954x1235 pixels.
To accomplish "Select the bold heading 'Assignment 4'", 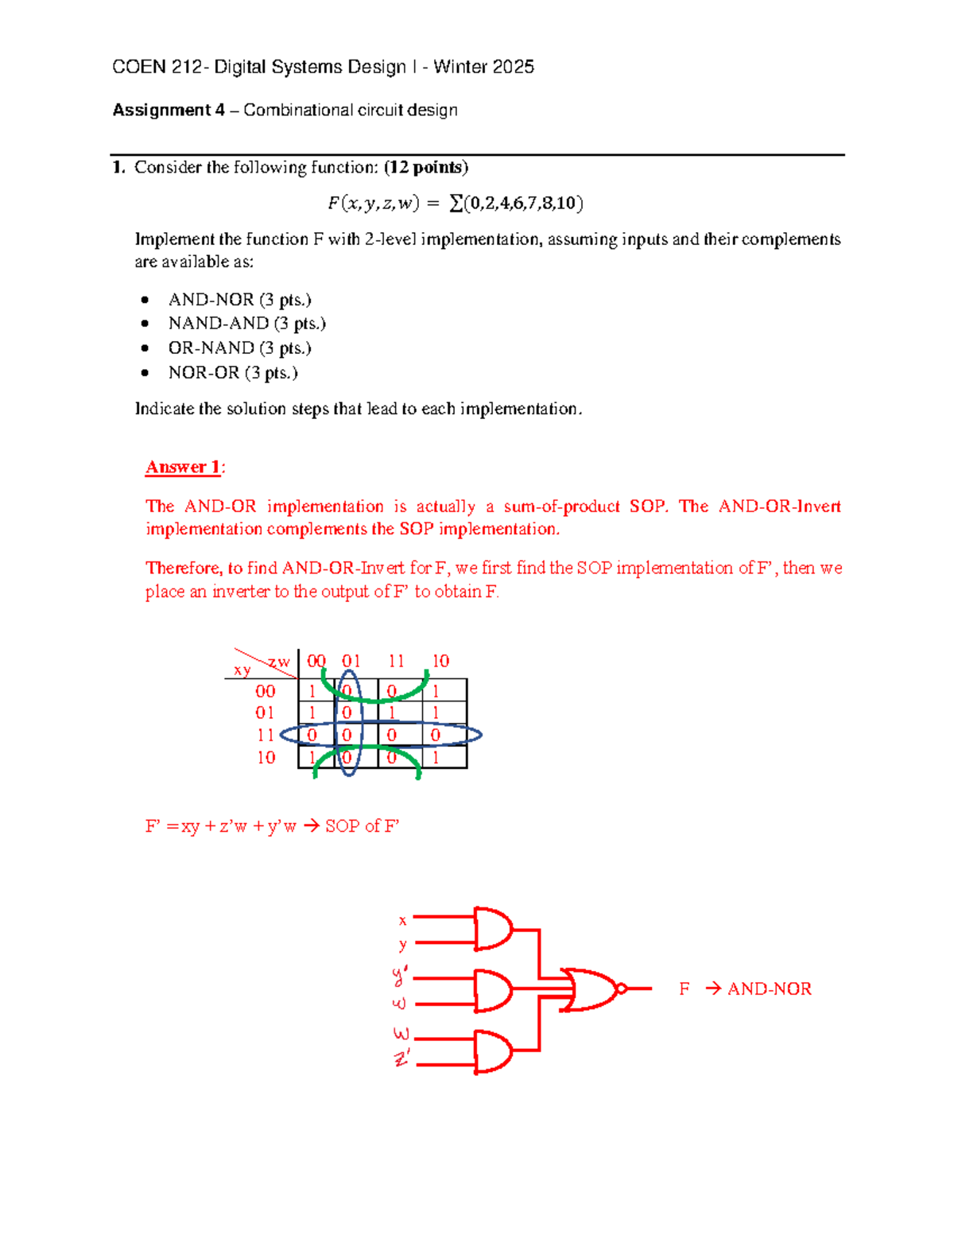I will (169, 110).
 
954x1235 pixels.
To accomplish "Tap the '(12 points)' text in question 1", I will (425, 167).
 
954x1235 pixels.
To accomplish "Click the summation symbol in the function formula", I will (456, 204).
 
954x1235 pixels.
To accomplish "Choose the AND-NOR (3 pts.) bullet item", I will (239, 300).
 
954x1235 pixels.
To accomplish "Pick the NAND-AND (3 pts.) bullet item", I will (246, 324).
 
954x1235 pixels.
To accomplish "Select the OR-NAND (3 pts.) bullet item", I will (239, 348).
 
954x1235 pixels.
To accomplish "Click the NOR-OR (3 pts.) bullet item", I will (232, 373).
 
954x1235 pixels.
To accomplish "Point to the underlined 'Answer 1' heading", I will (183, 467).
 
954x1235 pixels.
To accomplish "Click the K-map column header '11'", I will (396, 661).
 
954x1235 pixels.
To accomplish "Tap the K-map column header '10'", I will (440, 661).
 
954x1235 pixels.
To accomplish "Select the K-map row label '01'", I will (265, 713).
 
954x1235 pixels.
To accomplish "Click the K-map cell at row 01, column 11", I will (392, 713).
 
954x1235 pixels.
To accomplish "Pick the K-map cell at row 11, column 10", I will (436, 736).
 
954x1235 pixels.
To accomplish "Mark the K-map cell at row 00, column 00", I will (312, 691).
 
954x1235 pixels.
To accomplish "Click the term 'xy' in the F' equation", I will (190, 826).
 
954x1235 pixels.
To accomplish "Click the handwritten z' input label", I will (402, 1058).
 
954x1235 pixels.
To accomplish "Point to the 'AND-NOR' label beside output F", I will (769, 989).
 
